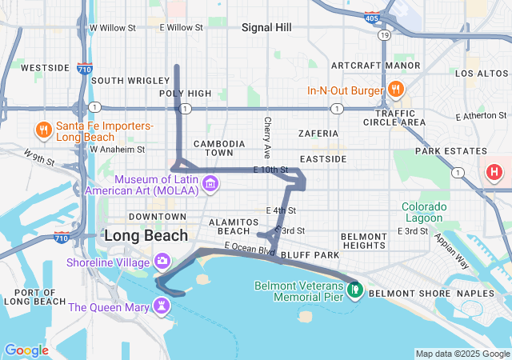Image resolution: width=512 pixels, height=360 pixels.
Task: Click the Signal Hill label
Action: click(266, 27)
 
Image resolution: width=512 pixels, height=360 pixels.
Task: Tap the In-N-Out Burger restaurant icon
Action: click(394, 89)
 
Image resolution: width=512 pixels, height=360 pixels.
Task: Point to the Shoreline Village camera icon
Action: click(162, 261)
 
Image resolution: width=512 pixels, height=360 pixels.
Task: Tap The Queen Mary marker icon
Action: click(162, 306)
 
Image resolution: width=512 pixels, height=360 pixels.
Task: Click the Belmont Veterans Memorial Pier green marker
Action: click(353, 290)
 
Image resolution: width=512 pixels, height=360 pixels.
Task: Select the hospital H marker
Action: click(495, 171)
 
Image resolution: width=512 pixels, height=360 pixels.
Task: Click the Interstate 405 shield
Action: click(370, 17)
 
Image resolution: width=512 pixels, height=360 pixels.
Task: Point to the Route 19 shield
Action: click(385, 36)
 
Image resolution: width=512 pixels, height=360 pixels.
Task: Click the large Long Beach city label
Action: click(146, 236)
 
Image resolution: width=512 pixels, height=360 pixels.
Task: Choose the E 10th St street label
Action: click(270, 170)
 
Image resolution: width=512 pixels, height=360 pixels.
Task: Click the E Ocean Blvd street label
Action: click(250, 249)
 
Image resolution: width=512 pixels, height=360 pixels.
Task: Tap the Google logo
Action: click(26, 350)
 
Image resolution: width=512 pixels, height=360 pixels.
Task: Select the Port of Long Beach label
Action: click(34, 296)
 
